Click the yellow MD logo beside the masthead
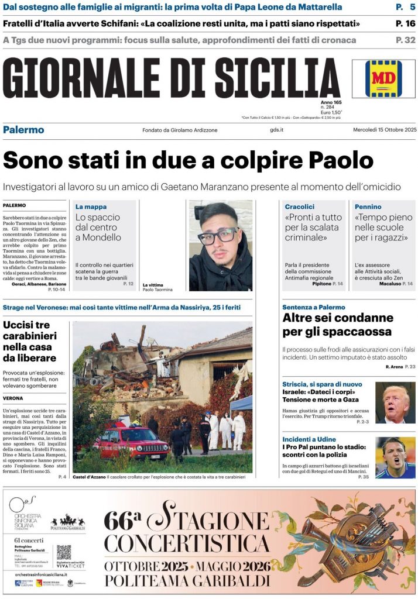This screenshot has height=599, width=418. [x=383, y=78]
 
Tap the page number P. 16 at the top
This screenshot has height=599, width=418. [x=405, y=24]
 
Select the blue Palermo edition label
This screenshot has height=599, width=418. [x=23, y=130]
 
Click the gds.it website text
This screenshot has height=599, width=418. [x=277, y=130]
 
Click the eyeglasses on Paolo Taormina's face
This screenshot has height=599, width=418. [x=217, y=236]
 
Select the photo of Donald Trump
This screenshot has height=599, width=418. [x=395, y=402]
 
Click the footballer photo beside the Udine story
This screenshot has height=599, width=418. [x=395, y=457]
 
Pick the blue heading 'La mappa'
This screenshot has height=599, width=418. [x=91, y=206]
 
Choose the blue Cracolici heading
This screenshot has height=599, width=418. [x=300, y=206]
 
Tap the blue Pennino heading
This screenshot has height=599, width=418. [x=368, y=206]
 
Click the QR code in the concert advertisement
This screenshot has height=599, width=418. [x=64, y=552]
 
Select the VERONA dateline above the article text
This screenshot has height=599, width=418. [x=13, y=398]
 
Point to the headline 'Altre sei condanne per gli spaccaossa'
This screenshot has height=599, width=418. [x=337, y=325]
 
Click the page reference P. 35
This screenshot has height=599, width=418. [x=364, y=477]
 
